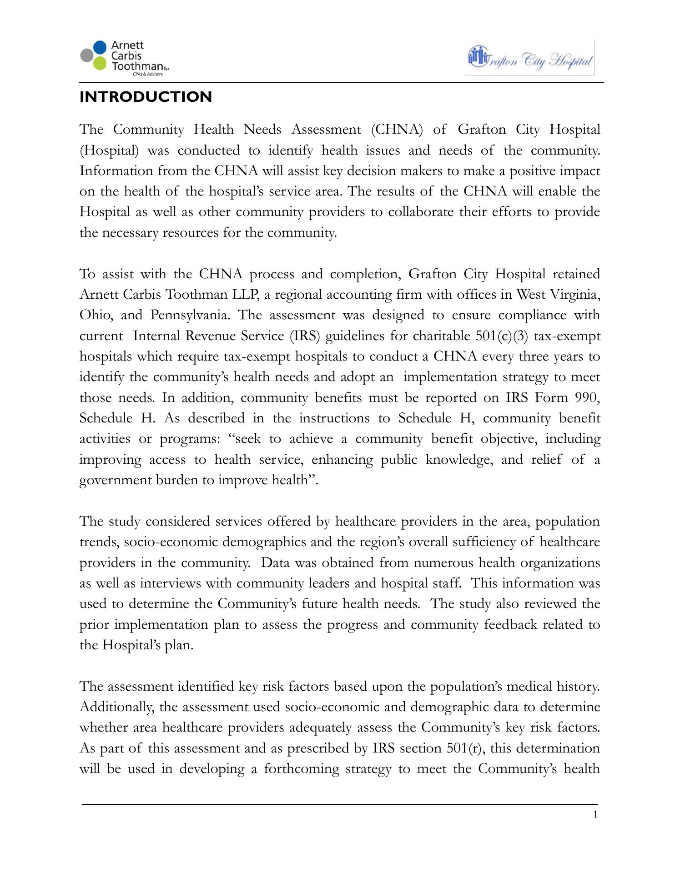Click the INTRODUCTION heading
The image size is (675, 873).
(146, 97)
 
